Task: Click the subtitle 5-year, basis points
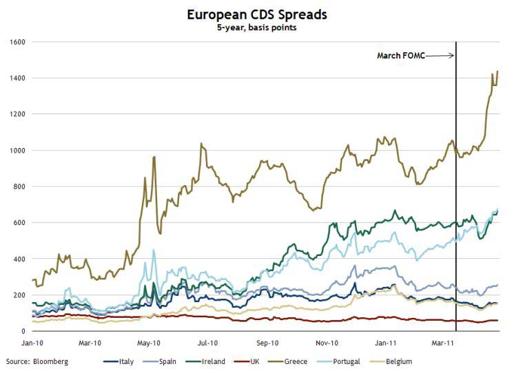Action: pos(256,28)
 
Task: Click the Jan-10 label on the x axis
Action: pos(32,342)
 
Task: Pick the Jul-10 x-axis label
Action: pos(208,342)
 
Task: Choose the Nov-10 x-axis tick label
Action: pos(327,342)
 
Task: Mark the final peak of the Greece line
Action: pos(497,72)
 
